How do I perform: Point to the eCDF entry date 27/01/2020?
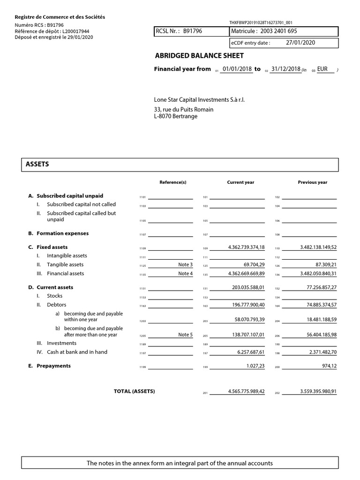pos(300,43)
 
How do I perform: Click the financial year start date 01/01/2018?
pos(237,69)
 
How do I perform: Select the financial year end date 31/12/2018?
pos(285,69)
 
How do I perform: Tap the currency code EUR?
pos(322,69)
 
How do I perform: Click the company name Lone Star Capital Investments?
pos(199,100)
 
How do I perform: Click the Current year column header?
pos(240,182)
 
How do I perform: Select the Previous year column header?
pos(313,182)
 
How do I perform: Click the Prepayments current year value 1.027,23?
pos(255,366)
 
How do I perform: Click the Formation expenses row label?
pos(62,233)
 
